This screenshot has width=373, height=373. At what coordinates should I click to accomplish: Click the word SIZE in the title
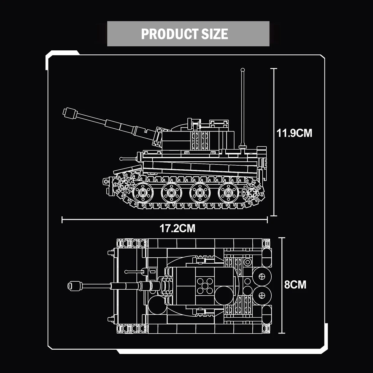pyautogui.click(x=214, y=34)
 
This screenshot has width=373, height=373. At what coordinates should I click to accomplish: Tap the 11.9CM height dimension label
pyautogui.click(x=294, y=133)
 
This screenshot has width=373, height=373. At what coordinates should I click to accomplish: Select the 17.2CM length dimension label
pyautogui.click(x=177, y=228)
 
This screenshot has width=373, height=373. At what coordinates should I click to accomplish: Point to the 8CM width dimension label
pyautogui.click(x=295, y=284)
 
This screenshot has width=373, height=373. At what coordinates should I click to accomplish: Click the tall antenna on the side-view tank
pyautogui.click(x=242, y=106)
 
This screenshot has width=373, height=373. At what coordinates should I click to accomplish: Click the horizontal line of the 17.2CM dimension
pyautogui.click(x=165, y=220)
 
